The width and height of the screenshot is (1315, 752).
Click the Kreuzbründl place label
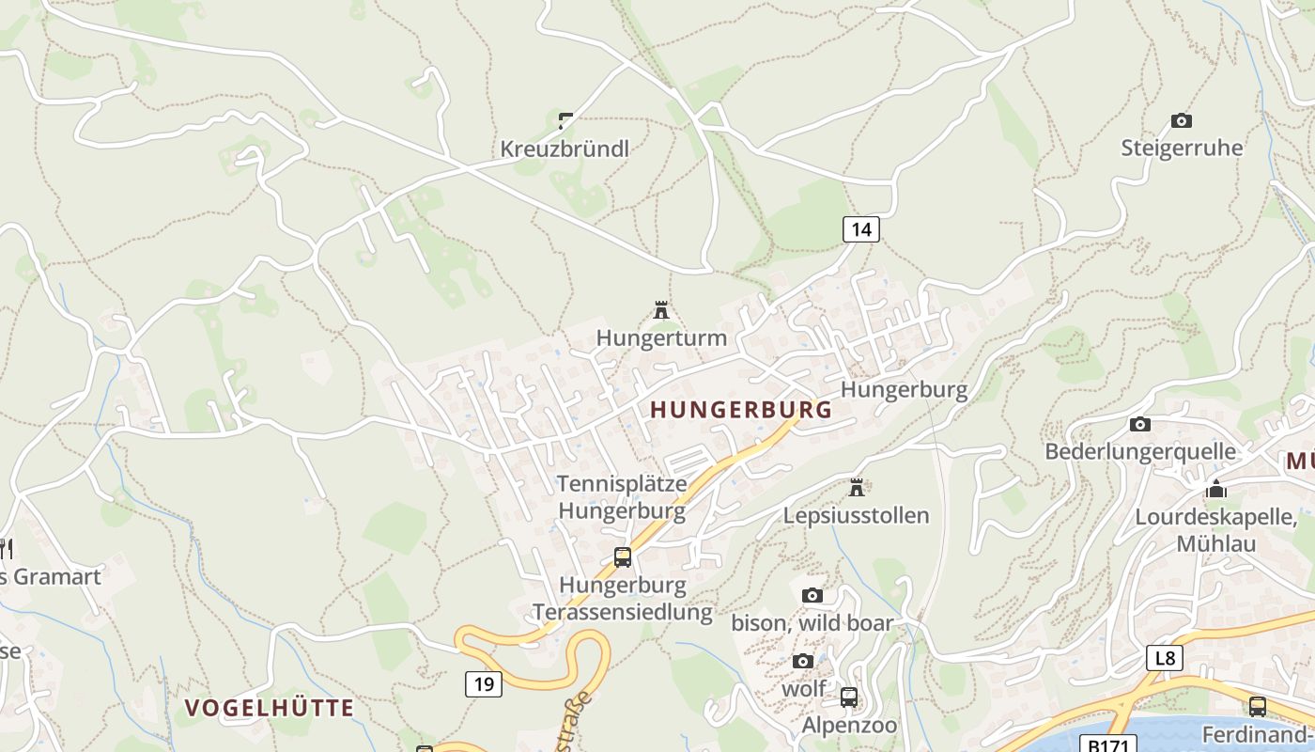(x=565, y=149)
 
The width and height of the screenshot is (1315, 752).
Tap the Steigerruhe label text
(x=1182, y=148)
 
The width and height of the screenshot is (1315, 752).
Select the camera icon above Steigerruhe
(x=1182, y=120)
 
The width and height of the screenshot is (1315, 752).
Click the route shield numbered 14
(x=860, y=228)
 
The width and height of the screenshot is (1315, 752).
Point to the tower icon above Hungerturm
(x=661, y=309)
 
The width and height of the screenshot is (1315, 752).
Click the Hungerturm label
(x=661, y=337)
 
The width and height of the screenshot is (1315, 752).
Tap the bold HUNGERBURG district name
(x=741, y=410)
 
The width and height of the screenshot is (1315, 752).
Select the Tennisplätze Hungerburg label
(x=622, y=497)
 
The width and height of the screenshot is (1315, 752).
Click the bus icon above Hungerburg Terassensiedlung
(x=623, y=556)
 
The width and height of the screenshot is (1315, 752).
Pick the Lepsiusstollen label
(x=856, y=515)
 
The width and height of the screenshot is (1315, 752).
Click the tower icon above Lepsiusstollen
(x=856, y=488)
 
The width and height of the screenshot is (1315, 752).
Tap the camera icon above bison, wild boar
(x=812, y=595)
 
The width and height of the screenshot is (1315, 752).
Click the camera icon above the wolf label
(x=802, y=661)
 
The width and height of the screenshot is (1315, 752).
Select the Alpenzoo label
(x=849, y=725)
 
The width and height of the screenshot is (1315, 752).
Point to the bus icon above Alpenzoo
(x=849, y=697)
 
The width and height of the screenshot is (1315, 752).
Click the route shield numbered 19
(x=484, y=683)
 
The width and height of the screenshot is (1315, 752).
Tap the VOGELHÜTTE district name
(x=270, y=708)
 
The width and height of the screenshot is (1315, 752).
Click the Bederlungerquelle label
(x=1140, y=451)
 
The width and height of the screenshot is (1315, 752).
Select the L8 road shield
(x=1165, y=657)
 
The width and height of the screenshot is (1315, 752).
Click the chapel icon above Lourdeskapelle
(x=1216, y=490)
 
